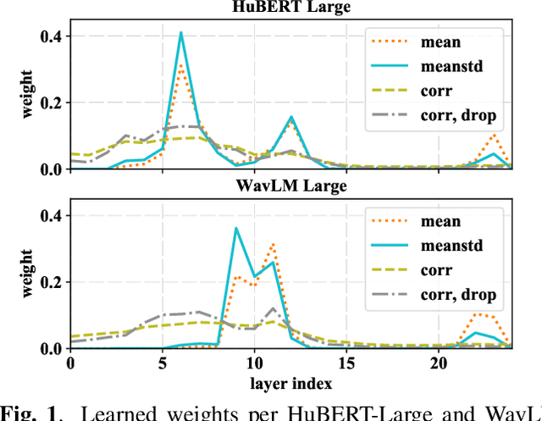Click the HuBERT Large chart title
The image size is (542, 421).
[x=290, y=8]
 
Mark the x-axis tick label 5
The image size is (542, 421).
[x=162, y=363]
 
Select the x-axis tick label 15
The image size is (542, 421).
[x=346, y=363]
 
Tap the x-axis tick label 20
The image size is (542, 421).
[x=438, y=363]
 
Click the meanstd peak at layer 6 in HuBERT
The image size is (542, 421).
[x=180, y=33]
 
